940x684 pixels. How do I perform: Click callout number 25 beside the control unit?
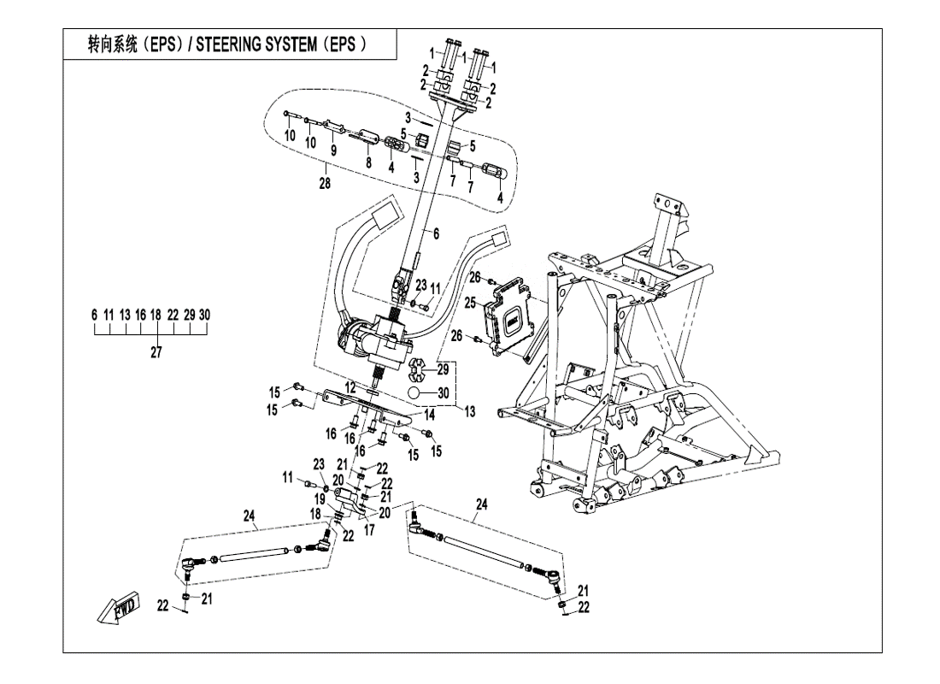[470, 303]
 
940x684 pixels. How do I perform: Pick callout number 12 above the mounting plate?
[350, 387]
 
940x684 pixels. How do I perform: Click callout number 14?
[431, 414]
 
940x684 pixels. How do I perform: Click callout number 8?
[367, 162]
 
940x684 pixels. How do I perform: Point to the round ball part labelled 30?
[416, 393]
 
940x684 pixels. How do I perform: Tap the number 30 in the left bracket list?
[204, 315]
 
